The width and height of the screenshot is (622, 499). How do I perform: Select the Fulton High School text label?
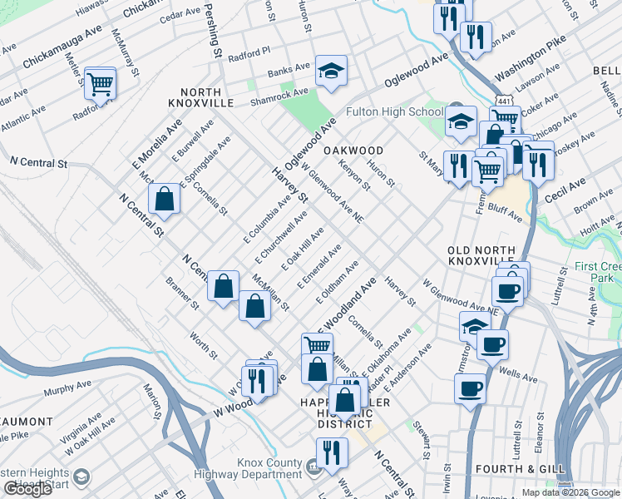click(394, 112)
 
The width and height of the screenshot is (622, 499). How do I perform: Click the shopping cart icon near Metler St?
click(100, 82)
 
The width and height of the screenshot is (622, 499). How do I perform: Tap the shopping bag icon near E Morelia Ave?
click(165, 198)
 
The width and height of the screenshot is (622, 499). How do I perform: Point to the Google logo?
click(28, 489)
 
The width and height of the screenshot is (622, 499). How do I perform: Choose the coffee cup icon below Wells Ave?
click(470, 387)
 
